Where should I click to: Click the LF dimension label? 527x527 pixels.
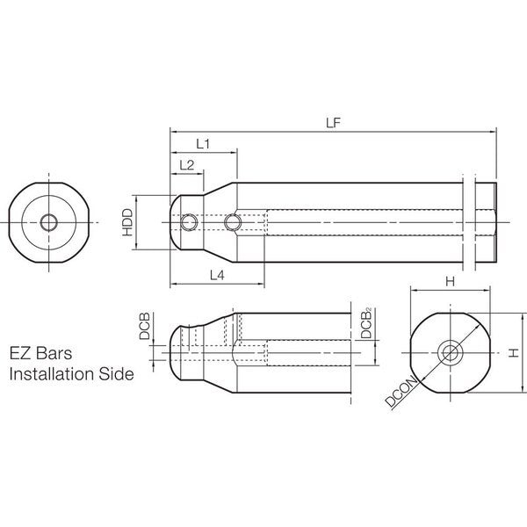point(334,123)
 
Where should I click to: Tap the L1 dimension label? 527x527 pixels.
point(203,144)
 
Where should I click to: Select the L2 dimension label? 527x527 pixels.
point(187,165)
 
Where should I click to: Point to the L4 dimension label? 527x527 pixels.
point(217,275)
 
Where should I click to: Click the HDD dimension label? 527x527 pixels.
point(127,222)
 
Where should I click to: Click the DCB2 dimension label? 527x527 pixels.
point(366,322)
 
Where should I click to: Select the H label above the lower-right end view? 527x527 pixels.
point(450,282)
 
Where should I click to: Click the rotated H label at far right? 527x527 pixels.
point(514,353)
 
